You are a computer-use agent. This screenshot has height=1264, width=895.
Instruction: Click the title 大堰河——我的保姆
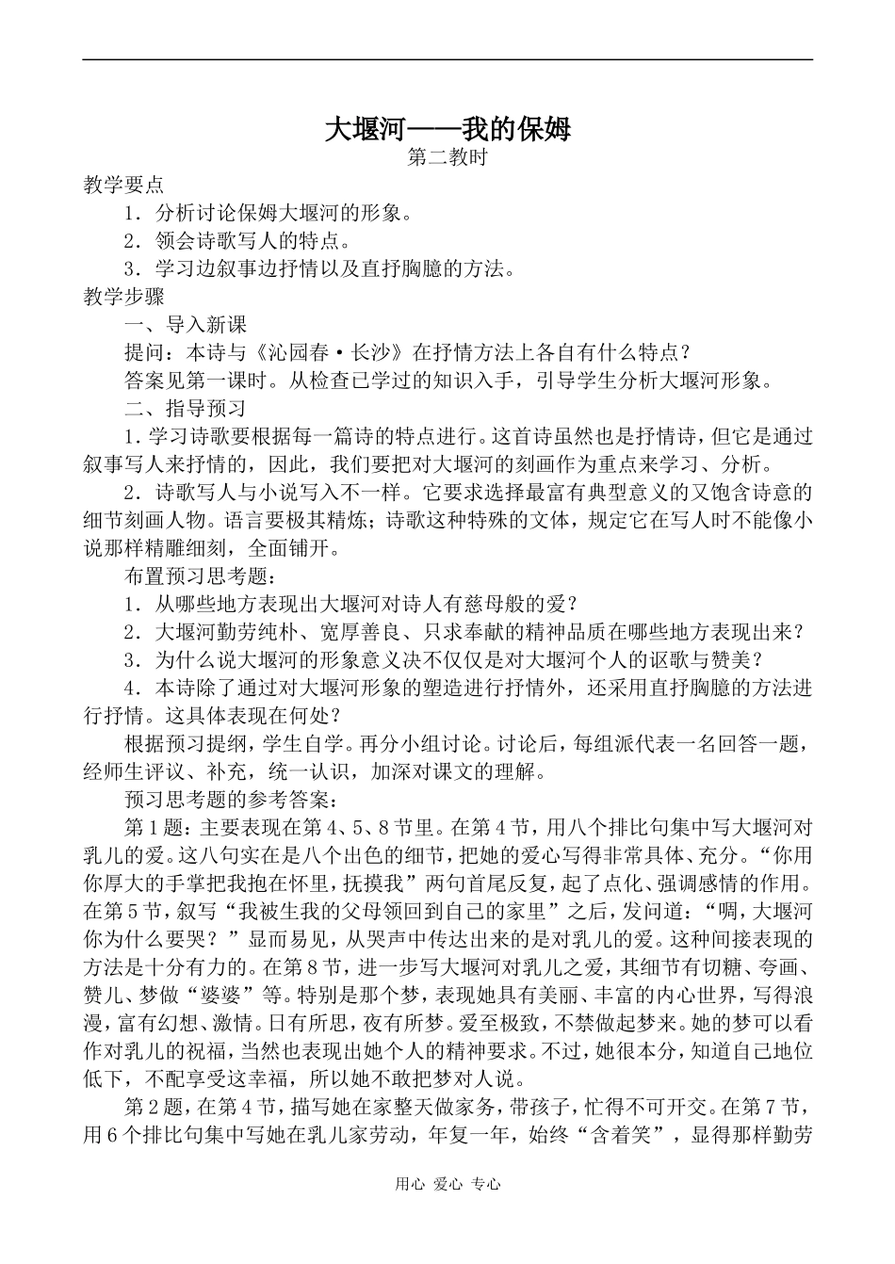tap(447, 129)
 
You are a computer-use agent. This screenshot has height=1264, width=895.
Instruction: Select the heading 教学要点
tap(123, 185)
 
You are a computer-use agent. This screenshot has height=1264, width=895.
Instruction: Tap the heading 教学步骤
tap(123, 297)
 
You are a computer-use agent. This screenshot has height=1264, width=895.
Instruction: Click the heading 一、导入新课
tap(186, 325)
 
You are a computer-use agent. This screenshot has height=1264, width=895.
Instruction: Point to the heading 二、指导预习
tap(186, 409)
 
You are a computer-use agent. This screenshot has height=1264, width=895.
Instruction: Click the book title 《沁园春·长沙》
tap(329, 353)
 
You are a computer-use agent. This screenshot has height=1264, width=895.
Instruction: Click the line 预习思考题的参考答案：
tap(227, 800)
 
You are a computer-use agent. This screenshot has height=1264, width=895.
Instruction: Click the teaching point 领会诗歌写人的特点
tap(254, 241)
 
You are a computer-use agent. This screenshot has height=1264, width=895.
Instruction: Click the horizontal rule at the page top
tap(447, 60)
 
